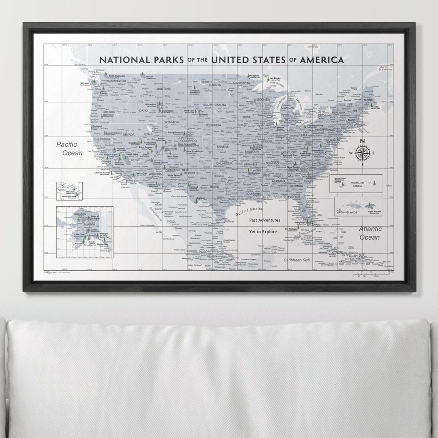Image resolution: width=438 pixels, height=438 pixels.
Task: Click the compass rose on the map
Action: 362,153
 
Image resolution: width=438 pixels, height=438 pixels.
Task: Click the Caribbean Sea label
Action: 299,260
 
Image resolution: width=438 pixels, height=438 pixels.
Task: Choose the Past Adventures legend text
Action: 265,220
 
